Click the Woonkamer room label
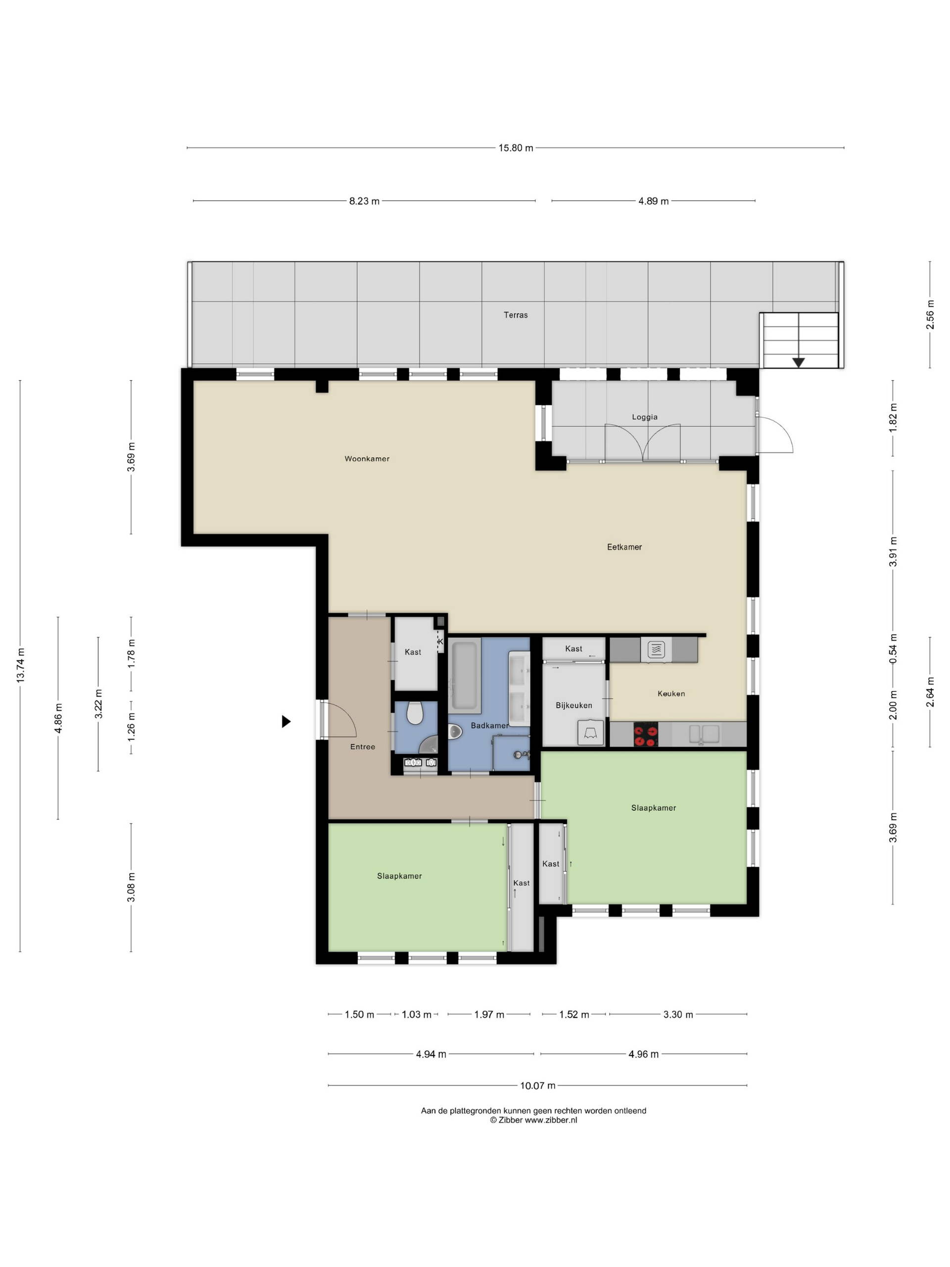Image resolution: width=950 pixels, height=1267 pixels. coord(367,458)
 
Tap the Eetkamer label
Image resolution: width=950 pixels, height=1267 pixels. coord(624,547)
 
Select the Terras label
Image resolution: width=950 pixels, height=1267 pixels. coord(516,315)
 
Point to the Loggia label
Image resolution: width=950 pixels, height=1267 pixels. coord(644,417)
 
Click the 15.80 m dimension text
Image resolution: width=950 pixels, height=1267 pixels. coord(516,148)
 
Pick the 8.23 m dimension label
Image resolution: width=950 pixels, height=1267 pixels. coord(364,201)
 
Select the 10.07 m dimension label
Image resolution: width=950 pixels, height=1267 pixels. coord(537,1085)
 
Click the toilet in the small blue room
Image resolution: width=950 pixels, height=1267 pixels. coord(415,713)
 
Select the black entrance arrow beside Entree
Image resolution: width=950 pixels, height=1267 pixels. coord(286,722)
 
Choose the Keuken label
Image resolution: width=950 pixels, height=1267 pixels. coord(671,694)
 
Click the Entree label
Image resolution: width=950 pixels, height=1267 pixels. coord(363,747)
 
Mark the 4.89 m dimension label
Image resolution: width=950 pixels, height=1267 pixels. coord(654,201)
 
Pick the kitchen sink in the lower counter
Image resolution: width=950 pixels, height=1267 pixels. coord(704,734)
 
